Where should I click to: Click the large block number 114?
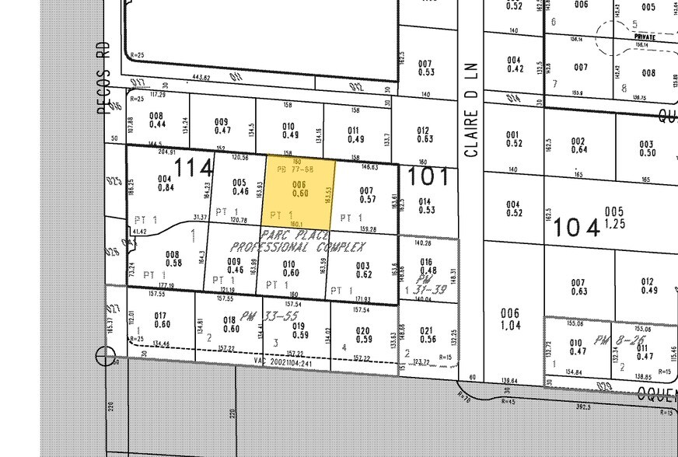tap(194, 167)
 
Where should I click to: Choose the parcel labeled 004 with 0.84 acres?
tap(165, 183)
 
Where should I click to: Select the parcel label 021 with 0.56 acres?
tap(427, 335)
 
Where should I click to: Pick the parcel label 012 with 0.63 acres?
tap(425, 135)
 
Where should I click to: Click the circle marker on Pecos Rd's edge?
tap(106, 357)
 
